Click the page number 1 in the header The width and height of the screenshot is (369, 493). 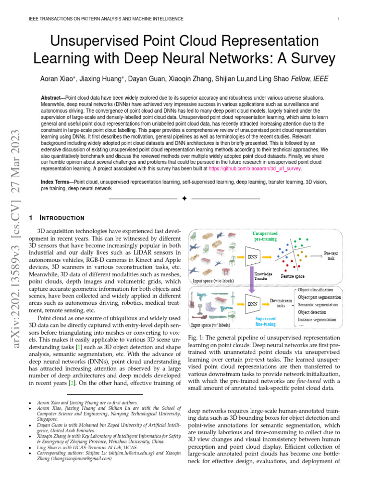[339, 19]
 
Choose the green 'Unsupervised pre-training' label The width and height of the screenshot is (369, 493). [265, 236]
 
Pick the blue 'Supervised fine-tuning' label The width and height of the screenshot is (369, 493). [265, 322]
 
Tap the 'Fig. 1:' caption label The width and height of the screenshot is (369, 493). [196, 338]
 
